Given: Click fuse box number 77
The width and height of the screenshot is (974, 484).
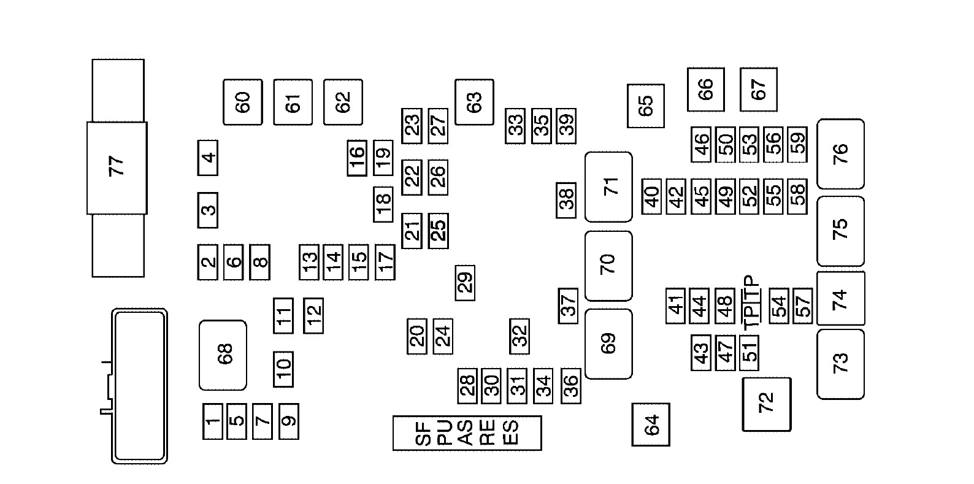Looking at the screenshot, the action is point(117,168).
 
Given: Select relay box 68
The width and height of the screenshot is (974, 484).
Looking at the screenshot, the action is point(223,355).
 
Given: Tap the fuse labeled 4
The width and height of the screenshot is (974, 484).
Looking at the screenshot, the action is point(208,158).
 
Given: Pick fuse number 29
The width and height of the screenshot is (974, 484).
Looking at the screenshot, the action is point(465,283).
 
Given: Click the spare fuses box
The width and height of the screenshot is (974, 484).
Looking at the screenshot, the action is point(467,433).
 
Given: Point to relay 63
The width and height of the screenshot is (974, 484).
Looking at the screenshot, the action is point(474,102).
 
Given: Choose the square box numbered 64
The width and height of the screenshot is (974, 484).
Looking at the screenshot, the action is point(651,424).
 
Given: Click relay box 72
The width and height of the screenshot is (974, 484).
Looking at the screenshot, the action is point(767,404).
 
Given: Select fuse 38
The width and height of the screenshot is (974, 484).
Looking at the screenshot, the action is point(566,201).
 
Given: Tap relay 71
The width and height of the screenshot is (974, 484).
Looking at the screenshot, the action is point(608,187).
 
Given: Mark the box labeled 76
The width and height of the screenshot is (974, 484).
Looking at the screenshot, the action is point(840,154).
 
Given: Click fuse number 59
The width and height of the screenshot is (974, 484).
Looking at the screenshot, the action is point(797,145).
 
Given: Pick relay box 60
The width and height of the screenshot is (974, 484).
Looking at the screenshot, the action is point(243,102).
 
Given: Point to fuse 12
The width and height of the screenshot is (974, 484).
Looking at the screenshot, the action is point(313,316).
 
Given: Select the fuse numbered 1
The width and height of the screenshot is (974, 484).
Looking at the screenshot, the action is point(213,421).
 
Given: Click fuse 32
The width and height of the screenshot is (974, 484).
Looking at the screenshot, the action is point(520,337).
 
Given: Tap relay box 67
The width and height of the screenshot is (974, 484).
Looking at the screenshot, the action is point(759,90).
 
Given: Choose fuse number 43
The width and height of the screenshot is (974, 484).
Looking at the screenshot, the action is point(701,353).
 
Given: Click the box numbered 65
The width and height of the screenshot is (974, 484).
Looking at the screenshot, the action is point(646,106).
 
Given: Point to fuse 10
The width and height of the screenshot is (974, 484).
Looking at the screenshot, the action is point(283,369).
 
